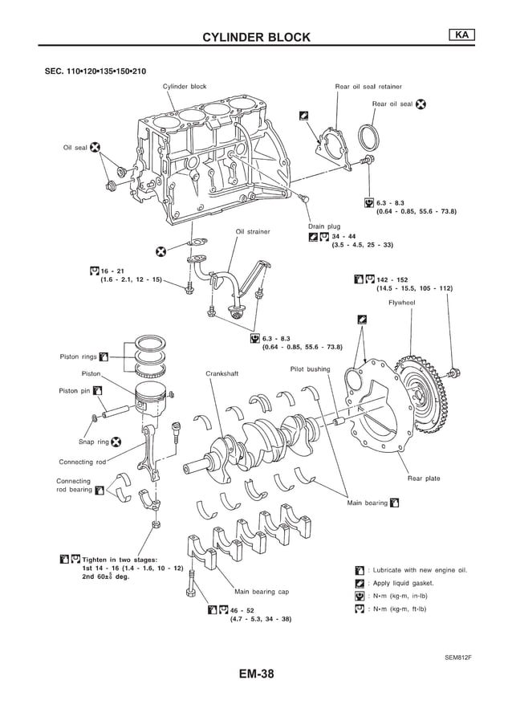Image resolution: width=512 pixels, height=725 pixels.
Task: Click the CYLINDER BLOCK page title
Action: pyautogui.click(x=255, y=37)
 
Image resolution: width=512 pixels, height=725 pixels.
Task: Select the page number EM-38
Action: pyautogui.click(x=255, y=674)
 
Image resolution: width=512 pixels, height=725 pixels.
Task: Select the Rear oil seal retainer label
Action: pyautogui.click(x=368, y=86)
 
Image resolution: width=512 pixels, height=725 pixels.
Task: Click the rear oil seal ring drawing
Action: pyautogui.click(x=368, y=137)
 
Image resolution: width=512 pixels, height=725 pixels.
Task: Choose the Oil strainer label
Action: pyautogui.click(x=253, y=232)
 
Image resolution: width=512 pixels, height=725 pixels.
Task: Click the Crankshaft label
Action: pyautogui.click(x=221, y=373)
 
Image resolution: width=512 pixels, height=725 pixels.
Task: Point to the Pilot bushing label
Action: pyautogui.click(x=310, y=369)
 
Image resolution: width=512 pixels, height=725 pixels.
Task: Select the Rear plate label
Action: pyautogui.click(x=424, y=479)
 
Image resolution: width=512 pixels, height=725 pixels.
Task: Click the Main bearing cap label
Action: pyautogui.click(x=261, y=592)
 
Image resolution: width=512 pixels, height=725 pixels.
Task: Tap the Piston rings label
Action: pyautogui.click(x=78, y=356)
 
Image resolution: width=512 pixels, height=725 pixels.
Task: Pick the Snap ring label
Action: pyautogui.click(x=93, y=441)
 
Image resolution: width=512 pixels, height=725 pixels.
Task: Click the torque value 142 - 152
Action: pyautogui.click(x=392, y=279)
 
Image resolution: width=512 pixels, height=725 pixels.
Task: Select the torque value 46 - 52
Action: pyautogui.click(x=242, y=610)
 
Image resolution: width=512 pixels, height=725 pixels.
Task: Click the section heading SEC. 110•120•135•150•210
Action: pyautogui.click(x=95, y=71)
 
